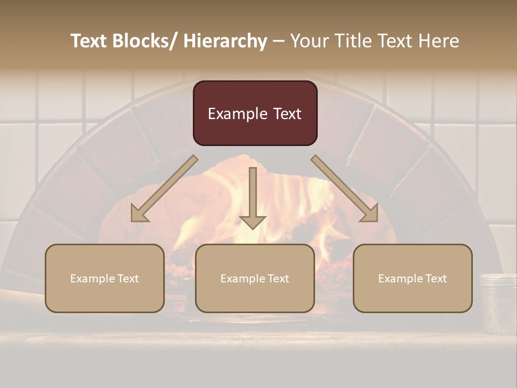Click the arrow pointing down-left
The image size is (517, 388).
(x=164, y=189)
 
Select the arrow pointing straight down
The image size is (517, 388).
(x=253, y=197)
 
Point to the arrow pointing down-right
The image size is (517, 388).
(x=345, y=189)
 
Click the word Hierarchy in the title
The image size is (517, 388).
(x=225, y=41)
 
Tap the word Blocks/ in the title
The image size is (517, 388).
(x=143, y=41)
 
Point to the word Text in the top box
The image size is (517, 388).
(x=287, y=114)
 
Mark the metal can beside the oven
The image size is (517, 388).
(x=498, y=303)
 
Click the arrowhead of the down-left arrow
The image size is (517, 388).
(x=139, y=213)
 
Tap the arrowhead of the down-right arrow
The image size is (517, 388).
(x=369, y=213)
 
